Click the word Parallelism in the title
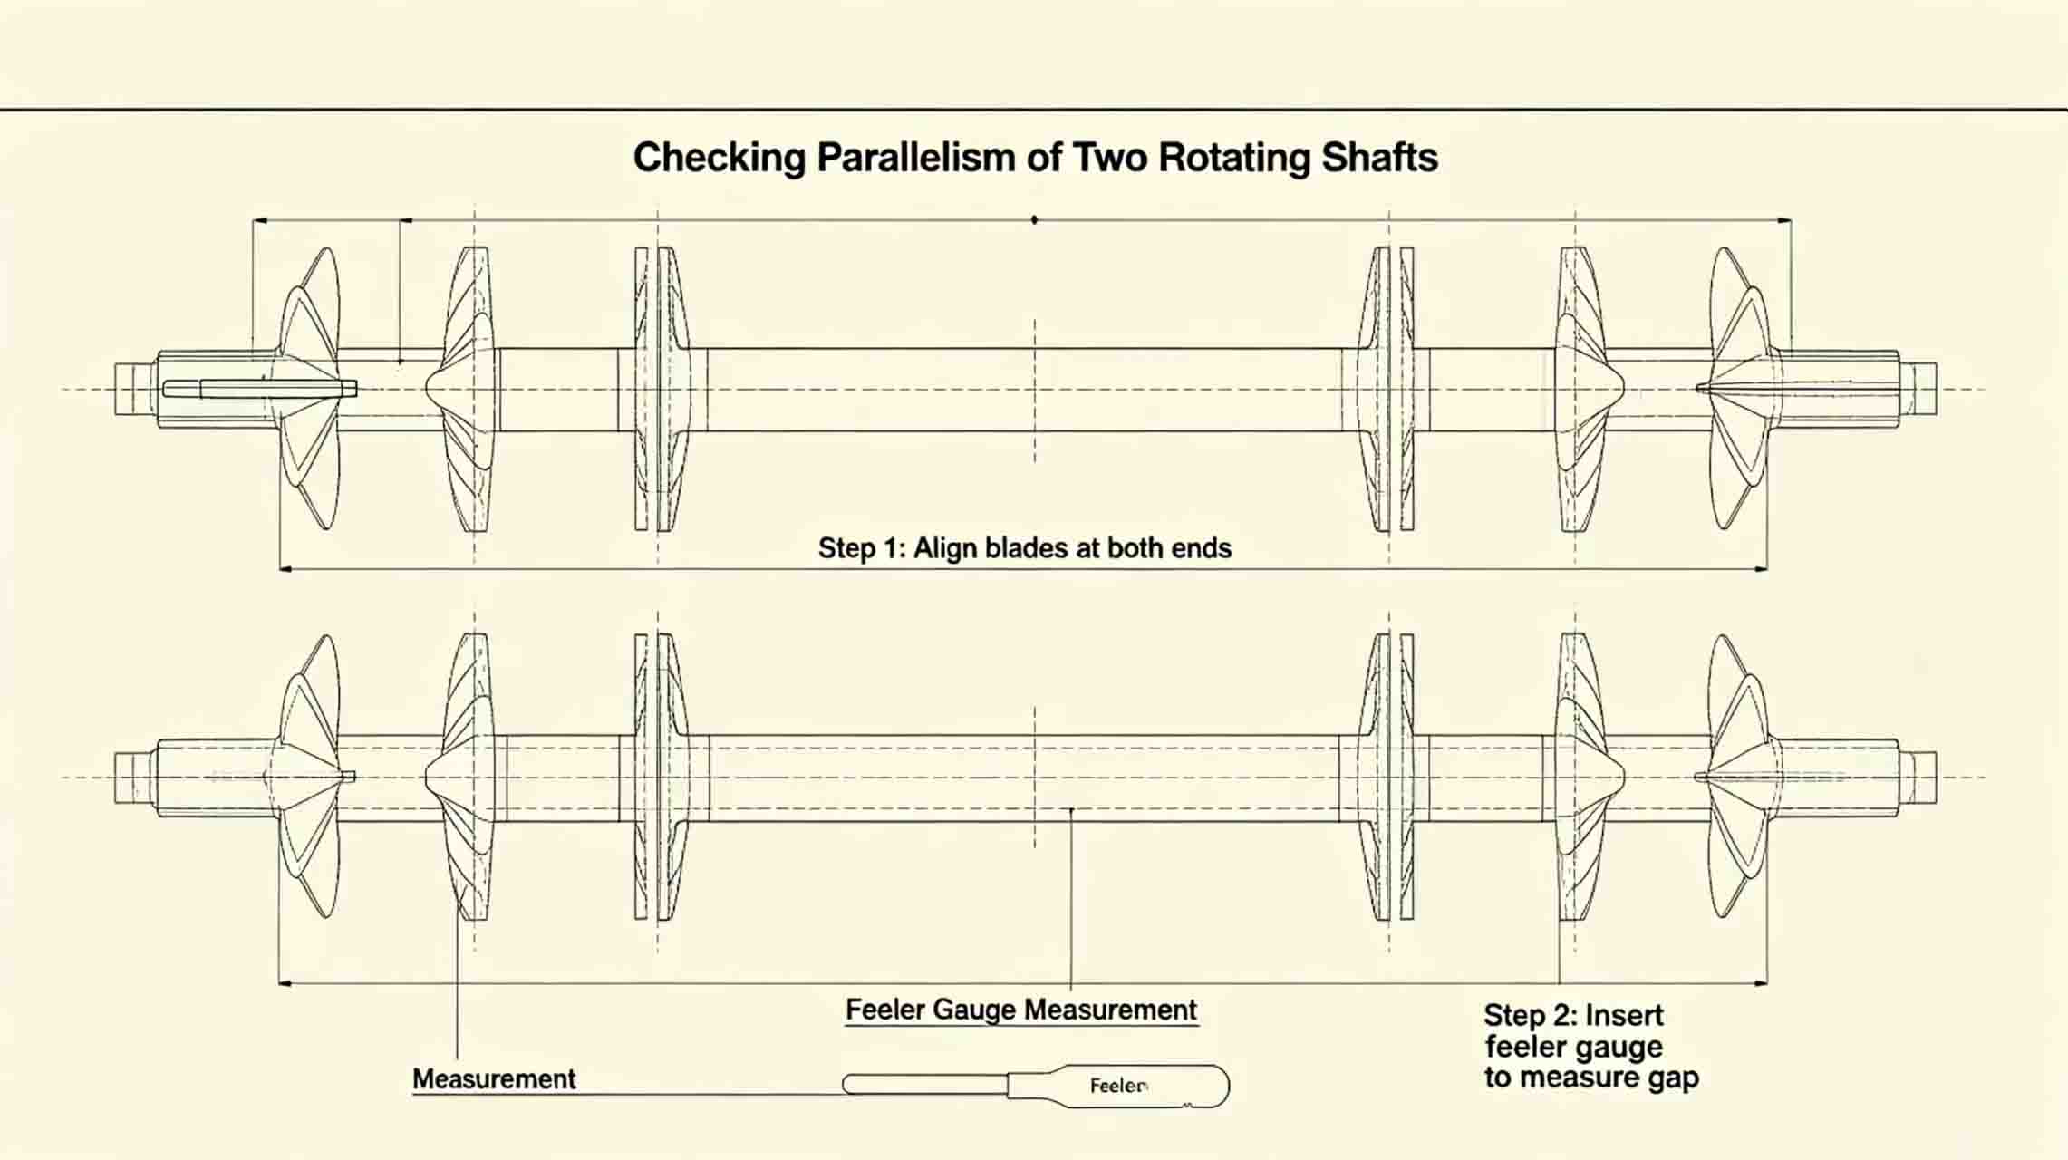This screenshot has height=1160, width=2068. [x=915, y=158]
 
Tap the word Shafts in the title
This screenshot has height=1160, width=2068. [x=1379, y=158]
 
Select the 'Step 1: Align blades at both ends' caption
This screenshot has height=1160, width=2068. [x=1025, y=548]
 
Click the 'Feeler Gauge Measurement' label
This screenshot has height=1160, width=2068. [x=1021, y=1010]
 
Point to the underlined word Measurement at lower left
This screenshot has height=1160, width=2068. [x=494, y=1079]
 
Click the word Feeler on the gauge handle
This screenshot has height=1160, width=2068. [x=1119, y=1086]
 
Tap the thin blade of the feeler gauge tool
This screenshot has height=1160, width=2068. [x=925, y=1084]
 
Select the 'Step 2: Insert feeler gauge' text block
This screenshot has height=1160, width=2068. [x=1591, y=1046]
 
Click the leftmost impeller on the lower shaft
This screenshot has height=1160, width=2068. [x=308, y=777]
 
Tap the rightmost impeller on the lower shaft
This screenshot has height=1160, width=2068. [x=1740, y=777]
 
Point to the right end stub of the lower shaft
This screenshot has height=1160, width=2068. [x=1918, y=777]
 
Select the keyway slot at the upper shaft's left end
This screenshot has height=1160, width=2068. [x=260, y=389]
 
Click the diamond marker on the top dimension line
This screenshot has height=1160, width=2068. [x=1034, y=219]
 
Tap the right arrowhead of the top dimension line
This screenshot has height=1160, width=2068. [x=1783, y=219]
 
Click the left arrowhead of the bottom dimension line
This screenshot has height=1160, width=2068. [x=285, y=983]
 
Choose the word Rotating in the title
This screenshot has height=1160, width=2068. [x=1234, y=158]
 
